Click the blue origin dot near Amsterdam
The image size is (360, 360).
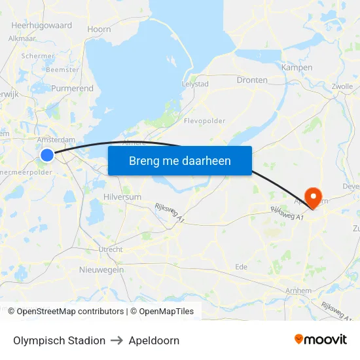pos(47,154)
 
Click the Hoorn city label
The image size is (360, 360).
pos(99,29)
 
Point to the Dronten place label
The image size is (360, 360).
pos(252,80)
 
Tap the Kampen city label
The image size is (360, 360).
pos(297,67)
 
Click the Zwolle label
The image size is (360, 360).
pos(342,86)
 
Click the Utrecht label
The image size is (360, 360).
pos(110,249)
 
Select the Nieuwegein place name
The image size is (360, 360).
pos(101,270)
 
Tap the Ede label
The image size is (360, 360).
pos(241,266)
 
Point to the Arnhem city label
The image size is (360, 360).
pos(298,290)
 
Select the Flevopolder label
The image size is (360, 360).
pos(205,120)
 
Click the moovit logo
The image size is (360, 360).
pos(321,340)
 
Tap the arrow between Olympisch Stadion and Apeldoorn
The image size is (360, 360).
pos(117,340)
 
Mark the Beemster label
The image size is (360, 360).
pos(64,70)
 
